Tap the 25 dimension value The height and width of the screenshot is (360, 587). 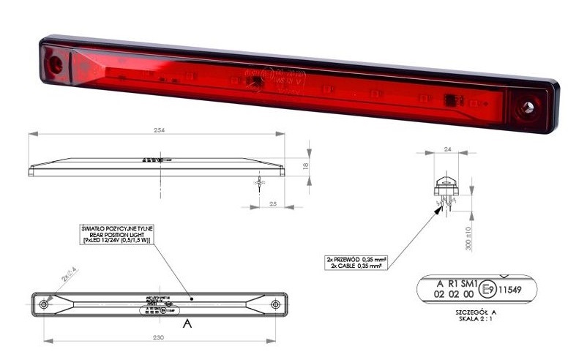pyautogui.click(x=273, y=203)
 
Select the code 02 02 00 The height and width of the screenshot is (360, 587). pyautogui.click(x=452, y=296)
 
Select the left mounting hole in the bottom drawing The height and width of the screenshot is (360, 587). pyautogui.click(x=44, y=304)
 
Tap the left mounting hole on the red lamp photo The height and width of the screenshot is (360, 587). pyautogui.click(x=55, y=64)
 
